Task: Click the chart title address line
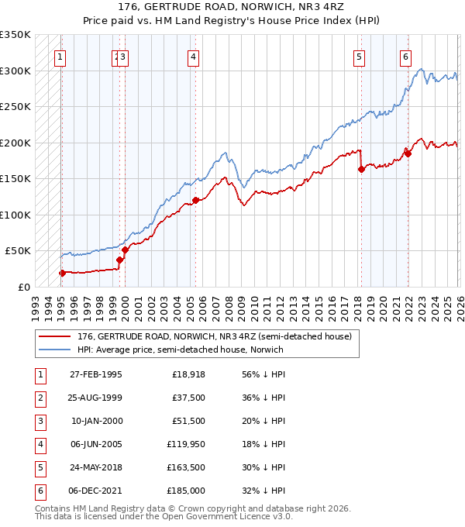[x=232, y=9]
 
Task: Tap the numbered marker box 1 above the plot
[x=60, y=56]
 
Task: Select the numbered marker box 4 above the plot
[x=193, y=56]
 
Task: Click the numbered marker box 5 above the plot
[x=360, y=56]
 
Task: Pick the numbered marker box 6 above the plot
[x=405, y=56]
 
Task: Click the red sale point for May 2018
[x=361, y=170]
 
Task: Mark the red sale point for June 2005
[x=195, y=201]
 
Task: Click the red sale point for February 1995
[x=62, y=273]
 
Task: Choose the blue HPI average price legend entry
[x=180, y=350]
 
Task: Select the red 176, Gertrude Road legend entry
[x=215, y=336]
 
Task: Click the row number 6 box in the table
[x=39, y=491]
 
